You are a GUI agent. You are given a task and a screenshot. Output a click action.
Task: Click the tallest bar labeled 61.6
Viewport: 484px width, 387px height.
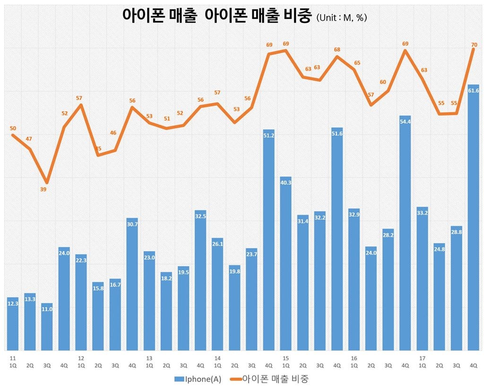click(473, 217)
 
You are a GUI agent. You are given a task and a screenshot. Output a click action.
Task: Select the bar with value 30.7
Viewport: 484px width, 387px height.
click(132, 284)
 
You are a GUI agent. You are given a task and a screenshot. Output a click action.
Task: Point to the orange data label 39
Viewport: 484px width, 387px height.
click(43, 190)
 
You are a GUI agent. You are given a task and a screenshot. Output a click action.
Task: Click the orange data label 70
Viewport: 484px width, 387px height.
click(474, 45)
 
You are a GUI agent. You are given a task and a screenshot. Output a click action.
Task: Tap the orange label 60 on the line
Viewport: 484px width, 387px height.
click(383, 82)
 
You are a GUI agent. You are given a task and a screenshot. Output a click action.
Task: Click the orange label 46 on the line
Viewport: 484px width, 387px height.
click(113, 133)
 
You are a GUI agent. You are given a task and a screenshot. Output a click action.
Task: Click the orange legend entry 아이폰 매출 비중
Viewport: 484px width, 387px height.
click(270, 379)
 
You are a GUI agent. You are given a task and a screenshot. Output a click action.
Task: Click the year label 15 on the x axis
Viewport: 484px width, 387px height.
click(285, 358)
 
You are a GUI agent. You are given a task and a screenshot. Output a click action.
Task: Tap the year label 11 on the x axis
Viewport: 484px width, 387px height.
click(12, 358)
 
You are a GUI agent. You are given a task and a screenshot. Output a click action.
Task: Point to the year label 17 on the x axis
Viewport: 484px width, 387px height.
click(422, 358)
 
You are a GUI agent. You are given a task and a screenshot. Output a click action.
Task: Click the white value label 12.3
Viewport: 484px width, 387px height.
click(13, 304)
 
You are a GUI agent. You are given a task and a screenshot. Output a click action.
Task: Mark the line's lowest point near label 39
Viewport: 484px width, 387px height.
click(47, 183)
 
